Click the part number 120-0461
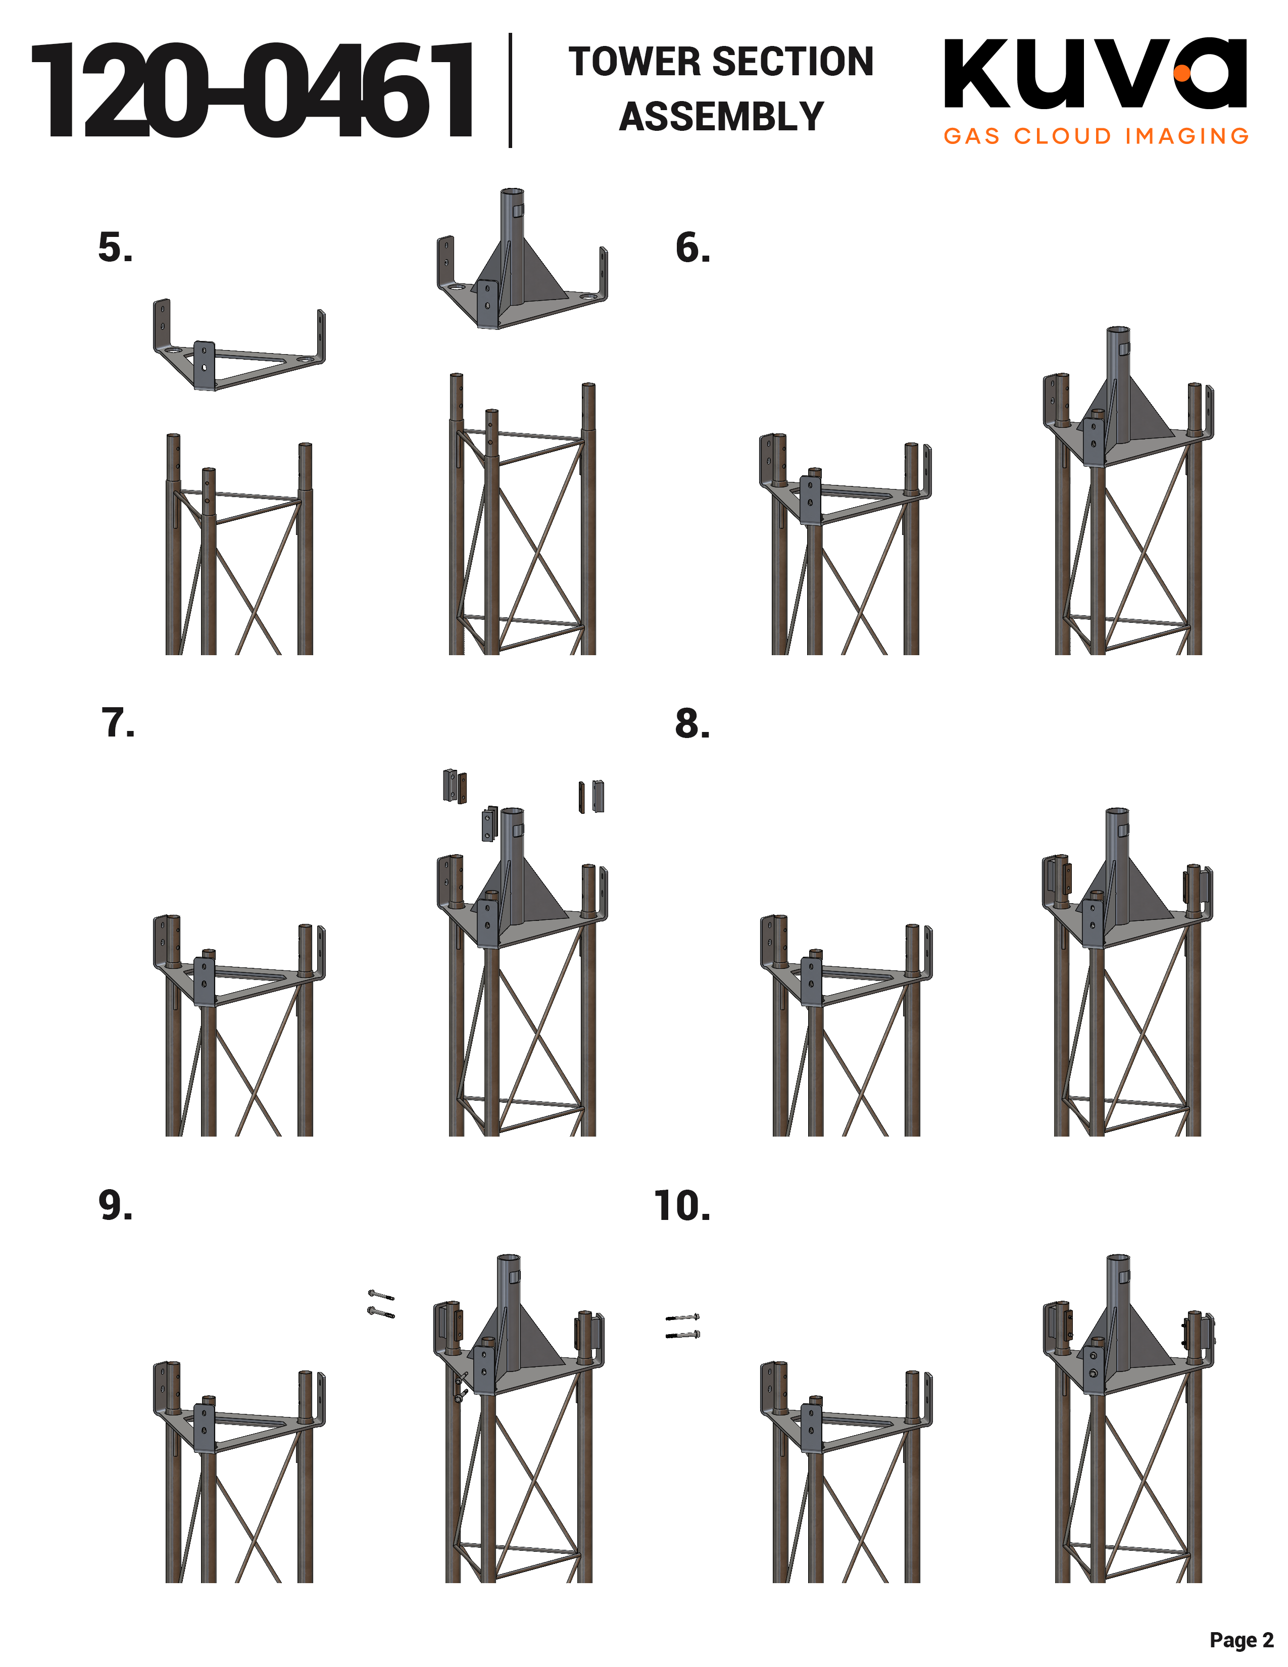(252, 91)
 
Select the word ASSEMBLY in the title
(721, 117)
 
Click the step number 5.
(115, 248)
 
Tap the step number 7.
(118, 723)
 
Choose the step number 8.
(692, 723)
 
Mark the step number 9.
(115, 1205)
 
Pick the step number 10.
(682, 1206)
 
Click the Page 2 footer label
(1241, 1640)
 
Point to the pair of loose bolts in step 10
(683, 1326)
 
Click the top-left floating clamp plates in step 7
(455, 786)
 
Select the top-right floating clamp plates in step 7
(591, 796)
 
